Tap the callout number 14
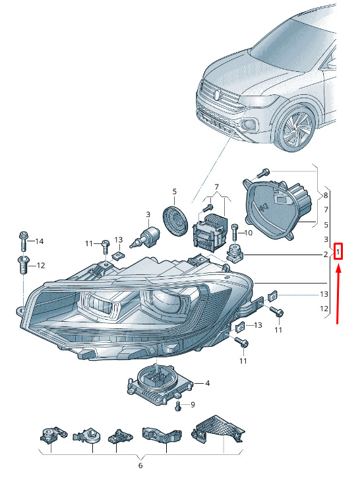[x=40, y=241]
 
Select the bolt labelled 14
[x=23, y=241]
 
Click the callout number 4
[x=208, y=383]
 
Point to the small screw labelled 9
[x=178, y=406]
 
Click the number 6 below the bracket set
[x=140, y=466]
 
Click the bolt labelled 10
[x=235, y=232]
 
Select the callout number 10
[x=249, y=233]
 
